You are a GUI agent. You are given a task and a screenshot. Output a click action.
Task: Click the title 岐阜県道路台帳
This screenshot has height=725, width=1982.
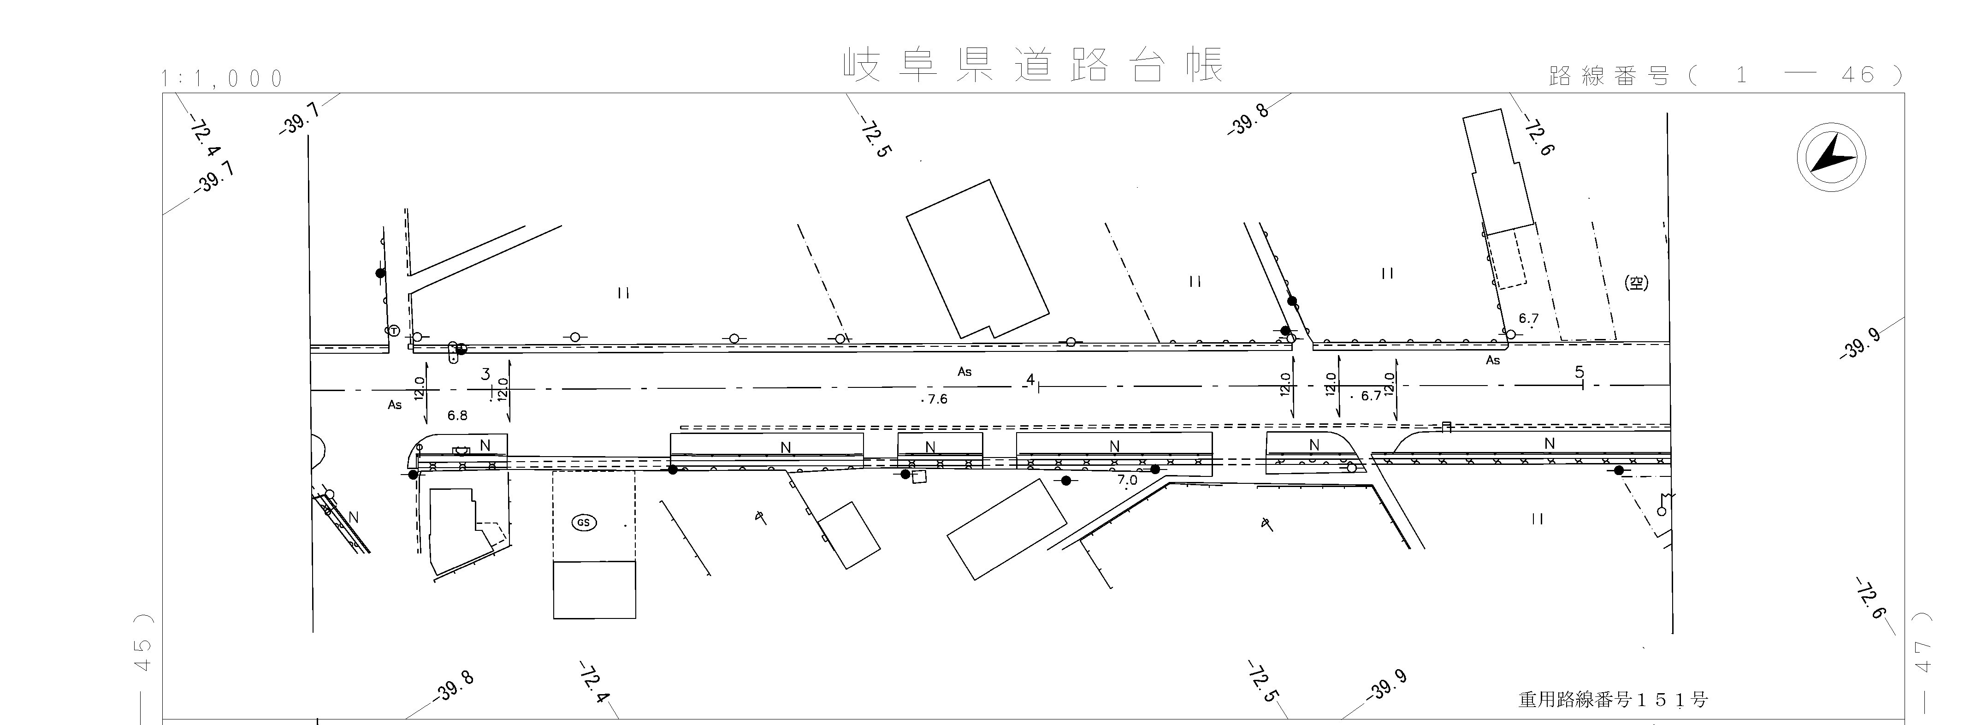pyautogui.click(x=1033, y=65)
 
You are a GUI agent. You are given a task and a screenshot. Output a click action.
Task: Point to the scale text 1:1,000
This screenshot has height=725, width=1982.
pyautogui.click(x=222, y=78)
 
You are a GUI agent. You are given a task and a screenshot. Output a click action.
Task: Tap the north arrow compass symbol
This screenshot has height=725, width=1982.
pyautogui.click(x=1831, y=158)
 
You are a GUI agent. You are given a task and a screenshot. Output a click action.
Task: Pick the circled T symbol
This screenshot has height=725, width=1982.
pyautogui.click(x=394, y=331)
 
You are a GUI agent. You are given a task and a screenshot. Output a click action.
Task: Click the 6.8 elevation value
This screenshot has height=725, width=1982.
pyautogui.click(x=457, y=416)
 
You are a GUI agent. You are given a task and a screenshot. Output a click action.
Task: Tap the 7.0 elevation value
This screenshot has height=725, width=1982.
pyautogui.click(x=1127, y=480)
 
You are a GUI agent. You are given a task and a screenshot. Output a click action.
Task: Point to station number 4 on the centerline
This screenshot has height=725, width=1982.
pyautogui.click(x=1030, y=380)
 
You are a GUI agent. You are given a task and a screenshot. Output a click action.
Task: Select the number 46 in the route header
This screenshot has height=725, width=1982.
pyautogui.click(x=1858, y=75)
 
